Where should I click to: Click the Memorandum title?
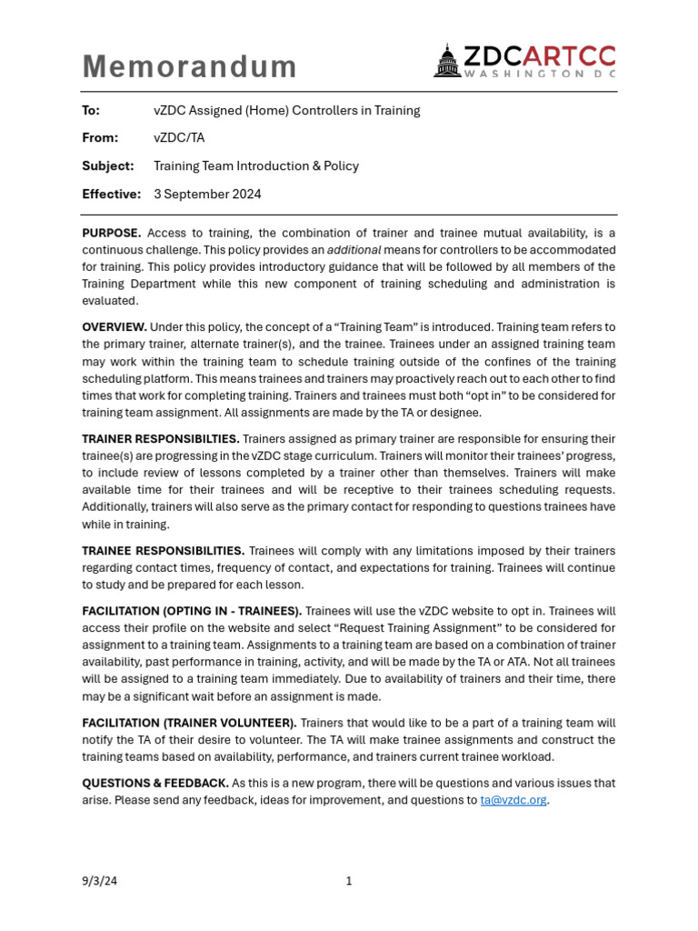click(x=189, y=66)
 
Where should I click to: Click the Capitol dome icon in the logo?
click(x=447, y=61)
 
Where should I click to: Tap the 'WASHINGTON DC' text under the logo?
click(x=539, y=73)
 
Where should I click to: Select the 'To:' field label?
click(x=91, y=111)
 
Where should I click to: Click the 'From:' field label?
click(x=100, y=138)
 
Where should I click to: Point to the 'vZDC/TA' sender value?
click(x=179, y=138)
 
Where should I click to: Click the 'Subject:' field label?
click(x=107, y=166)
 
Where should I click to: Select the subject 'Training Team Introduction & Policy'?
click(x=255, y=166)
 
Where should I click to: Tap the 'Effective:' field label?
click(x=111, y=194)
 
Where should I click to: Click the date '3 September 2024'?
click(x=207, y=194)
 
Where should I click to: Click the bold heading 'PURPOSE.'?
click(x=111, y=233)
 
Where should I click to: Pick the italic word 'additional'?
click(x=354, y=250)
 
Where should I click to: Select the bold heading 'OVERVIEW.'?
click(x=115, y=327)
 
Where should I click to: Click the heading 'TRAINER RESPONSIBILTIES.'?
click(x=161, y=439)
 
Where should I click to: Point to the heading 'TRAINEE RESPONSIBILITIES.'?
click(x=163, y=551)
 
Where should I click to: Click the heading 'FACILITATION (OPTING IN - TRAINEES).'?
click(x=192, y=611)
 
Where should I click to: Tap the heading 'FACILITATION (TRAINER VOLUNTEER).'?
click(x=189, y=723)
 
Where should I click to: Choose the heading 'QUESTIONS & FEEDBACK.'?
click(x=155, y=783)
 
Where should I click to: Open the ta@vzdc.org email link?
click(x=514, y=800)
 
